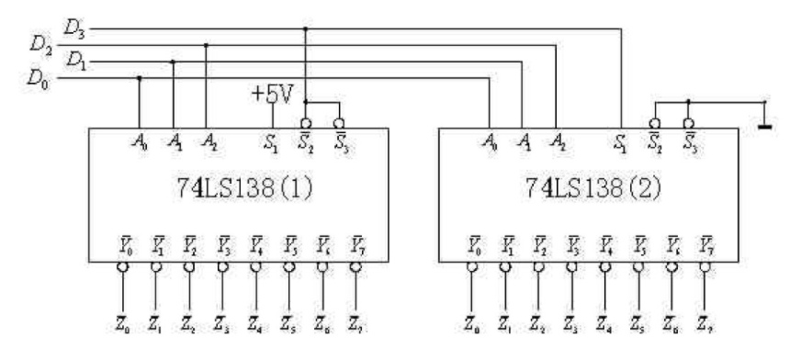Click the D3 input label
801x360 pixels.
(73, 28)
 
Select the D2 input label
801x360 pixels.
(41, 44)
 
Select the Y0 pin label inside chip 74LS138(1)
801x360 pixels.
(121, 247)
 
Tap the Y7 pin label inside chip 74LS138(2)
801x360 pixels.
(705, 247)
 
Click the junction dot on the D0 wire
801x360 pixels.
(139, 79)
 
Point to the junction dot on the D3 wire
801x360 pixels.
(306, 28)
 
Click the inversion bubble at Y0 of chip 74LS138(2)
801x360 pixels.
(470, 267)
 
